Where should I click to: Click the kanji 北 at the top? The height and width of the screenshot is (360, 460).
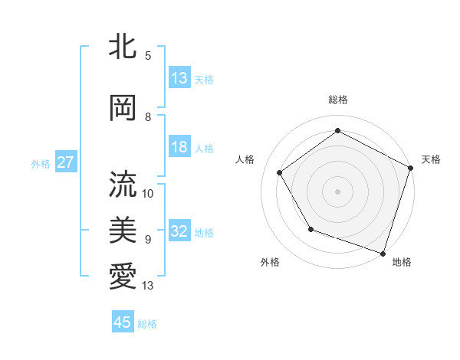(x=123, y=47)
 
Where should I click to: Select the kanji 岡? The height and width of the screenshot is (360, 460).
(x=123, y=108)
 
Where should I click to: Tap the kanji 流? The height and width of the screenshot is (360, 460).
(x=123, y=185)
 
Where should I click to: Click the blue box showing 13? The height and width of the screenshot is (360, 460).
(x=179, y=77)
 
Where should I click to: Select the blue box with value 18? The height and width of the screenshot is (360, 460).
(x=179, y=147)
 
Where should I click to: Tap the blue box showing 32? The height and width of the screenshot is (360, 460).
(x=179, y=231)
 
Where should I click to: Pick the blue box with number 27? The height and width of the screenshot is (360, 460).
(x=66, y=162)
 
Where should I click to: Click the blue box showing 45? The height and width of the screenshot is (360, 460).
(x=123, y=322)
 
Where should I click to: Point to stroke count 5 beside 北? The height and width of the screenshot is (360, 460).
(x=148, y=56)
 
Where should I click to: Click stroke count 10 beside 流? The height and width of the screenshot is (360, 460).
(x=148, y=193)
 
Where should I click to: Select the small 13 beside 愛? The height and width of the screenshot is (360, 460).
(x=148, y=286)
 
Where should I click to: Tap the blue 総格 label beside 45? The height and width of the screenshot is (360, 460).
(x=147, y=324)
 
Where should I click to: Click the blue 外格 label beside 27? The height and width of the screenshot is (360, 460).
(x=41, y=164)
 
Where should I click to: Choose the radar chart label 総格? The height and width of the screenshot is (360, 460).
(x=337, y=100)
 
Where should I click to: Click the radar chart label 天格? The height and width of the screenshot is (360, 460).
(x=431, y=159)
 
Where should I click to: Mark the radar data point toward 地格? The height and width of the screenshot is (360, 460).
(x=382, y=252)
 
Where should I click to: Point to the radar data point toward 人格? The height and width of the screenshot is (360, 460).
(x=280, y=172)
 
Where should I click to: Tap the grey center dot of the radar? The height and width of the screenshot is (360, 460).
(x=337, y=191)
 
